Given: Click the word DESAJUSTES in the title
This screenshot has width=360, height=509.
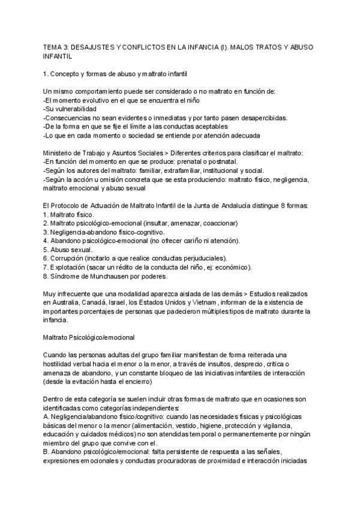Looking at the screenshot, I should pyautogui.click(x=100, y=47).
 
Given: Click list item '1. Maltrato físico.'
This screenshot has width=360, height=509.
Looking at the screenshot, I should pyautogui.click(x=71, y=214).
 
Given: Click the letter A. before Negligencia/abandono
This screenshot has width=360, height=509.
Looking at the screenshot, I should pyautogui.click(x=47, y=416).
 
